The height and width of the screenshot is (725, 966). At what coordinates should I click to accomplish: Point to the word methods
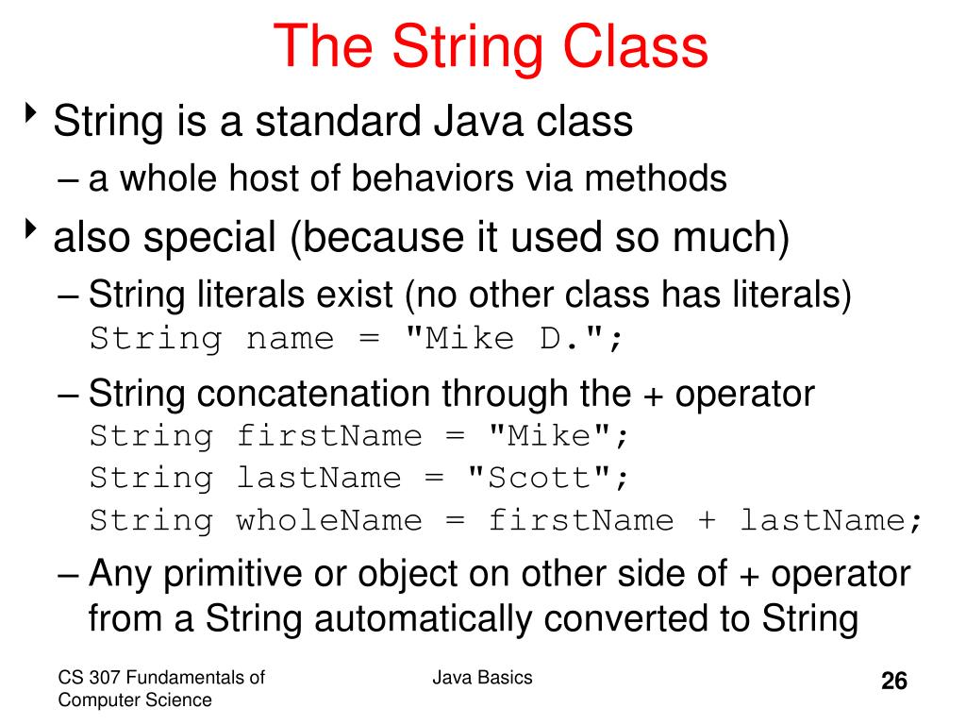671,177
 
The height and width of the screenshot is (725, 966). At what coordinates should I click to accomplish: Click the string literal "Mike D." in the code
510,338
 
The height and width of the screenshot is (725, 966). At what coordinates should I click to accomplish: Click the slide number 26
893,682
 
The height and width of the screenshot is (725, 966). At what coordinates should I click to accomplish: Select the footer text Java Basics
483,677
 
